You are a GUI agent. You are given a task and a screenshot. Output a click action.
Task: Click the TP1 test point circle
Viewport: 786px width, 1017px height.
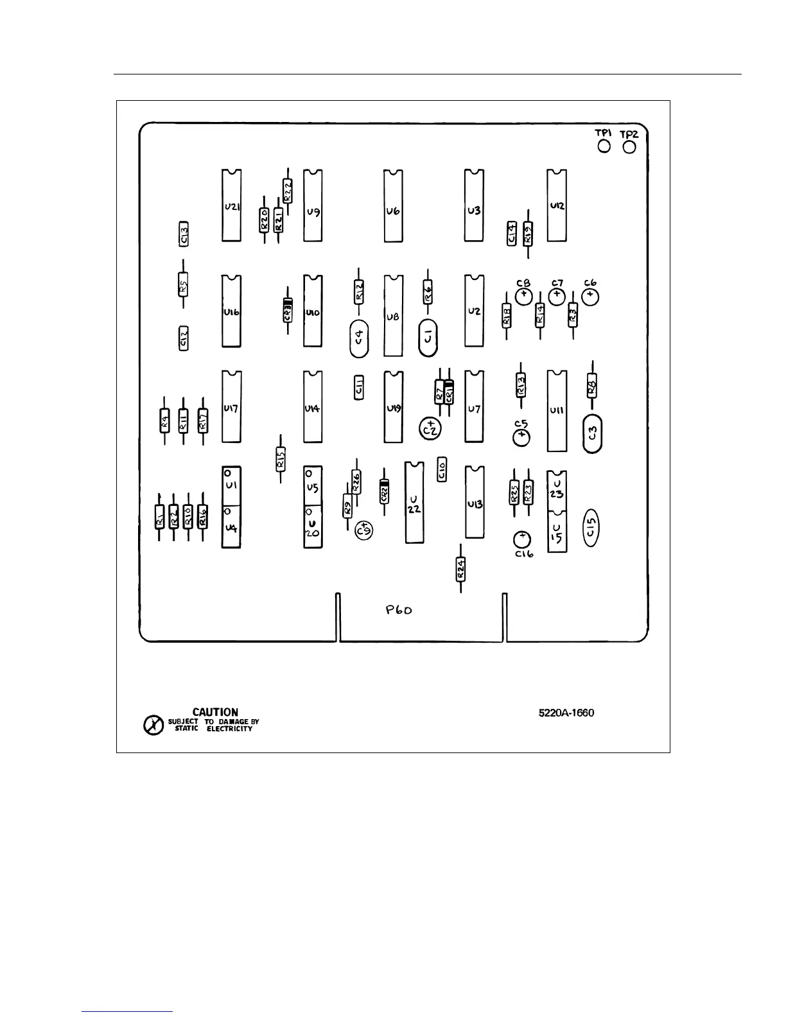click(x=604, y=147)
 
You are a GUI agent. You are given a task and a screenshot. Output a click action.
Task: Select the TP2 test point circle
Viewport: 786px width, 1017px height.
click(x=629, y=147)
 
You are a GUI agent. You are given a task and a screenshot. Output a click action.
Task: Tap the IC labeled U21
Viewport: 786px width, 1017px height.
click(x=232, y=206)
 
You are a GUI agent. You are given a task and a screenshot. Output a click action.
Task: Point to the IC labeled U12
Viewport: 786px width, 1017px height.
click(x=557, y=205)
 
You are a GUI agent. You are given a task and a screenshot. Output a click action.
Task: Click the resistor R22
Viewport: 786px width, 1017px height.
click(x=288, y=191)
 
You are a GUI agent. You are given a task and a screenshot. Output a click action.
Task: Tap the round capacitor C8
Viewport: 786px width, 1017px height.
click(x=524, y=296)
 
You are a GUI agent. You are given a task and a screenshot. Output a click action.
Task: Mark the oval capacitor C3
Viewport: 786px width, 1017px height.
click(x=593, y=434)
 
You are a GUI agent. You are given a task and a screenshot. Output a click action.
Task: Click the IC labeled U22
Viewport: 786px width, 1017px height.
click(x=414, y=502)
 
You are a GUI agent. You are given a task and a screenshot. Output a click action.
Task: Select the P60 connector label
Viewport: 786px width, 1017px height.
click(x=399, y=610)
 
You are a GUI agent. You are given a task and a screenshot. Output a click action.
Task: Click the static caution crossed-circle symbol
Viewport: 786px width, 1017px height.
click(x=153, y=726)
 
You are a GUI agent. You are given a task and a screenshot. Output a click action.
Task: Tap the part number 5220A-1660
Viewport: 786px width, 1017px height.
click(x=566, y=713)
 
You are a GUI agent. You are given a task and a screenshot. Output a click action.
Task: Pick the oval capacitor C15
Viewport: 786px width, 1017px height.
click(x=591, y=529)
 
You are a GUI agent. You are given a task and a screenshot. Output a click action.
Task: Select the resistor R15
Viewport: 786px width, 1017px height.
click(x=280, y=458)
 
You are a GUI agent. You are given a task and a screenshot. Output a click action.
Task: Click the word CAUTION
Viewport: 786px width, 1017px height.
click(x=215, y=712)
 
